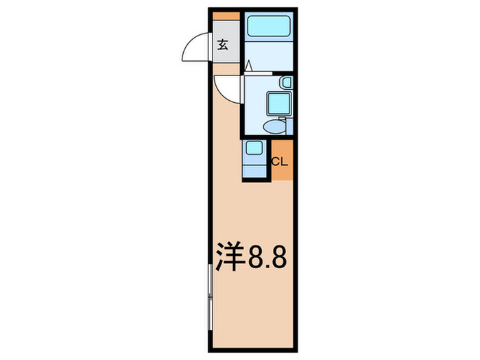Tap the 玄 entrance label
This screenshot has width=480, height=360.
click(224, 46)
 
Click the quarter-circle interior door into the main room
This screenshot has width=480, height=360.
click(226, 87)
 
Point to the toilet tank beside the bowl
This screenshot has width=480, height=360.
click(289, 126)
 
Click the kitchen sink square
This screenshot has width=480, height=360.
click(254, 148)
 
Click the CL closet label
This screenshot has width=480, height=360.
click(280, 163)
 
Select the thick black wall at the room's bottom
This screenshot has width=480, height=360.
click(253, 350)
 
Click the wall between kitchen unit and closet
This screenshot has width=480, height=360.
click(269, 159)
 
